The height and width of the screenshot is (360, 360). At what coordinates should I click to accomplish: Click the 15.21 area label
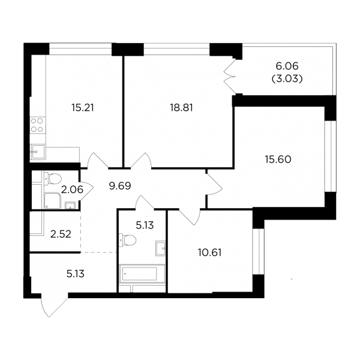point(83,107)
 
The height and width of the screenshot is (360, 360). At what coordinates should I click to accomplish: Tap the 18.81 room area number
point(181,107)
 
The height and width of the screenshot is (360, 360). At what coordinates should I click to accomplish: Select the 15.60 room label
point(278,160)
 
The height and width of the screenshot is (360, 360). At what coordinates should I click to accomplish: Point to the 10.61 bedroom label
point(210,253)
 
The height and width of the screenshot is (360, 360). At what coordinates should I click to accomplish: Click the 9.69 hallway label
point(120,186)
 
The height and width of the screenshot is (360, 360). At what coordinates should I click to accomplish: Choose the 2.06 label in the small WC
point(72,190)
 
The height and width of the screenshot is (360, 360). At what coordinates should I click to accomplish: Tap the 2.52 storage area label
point(61,235)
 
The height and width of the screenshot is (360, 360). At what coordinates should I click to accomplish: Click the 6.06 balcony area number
point(287,66)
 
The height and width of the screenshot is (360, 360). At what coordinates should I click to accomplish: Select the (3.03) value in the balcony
point(287,79)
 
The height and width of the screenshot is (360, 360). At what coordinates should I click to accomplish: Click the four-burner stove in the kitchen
point(37,125)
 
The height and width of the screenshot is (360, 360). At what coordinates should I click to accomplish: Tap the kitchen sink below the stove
point(38,152)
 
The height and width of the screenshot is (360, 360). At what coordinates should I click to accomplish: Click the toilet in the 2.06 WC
point(53,179)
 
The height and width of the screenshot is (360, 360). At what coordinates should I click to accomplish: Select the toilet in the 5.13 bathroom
point(127,240)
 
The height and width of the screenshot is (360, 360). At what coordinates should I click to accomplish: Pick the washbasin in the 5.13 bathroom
point(160,248)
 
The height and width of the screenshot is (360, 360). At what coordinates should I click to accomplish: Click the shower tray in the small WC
point(53,201)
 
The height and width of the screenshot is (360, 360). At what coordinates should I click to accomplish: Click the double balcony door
point(230,77)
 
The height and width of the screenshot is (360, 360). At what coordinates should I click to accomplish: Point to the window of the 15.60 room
point(331,156)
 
